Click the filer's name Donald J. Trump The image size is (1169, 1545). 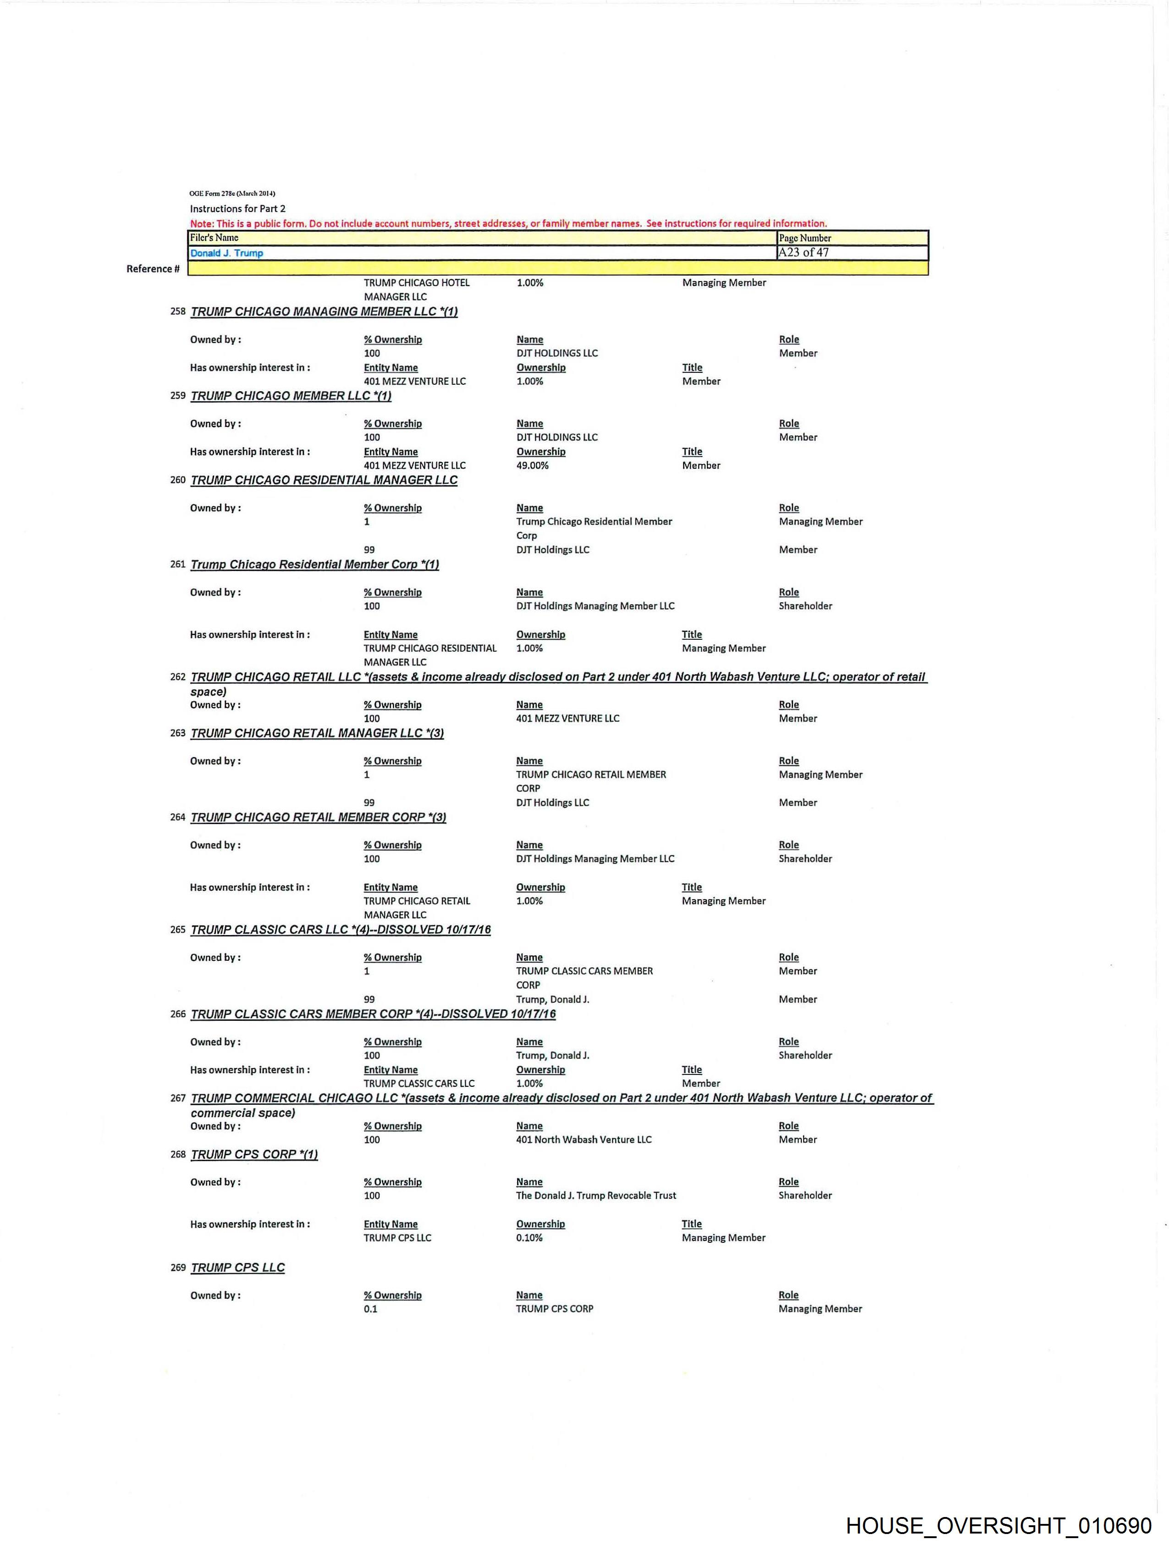pyautogui.click(x=226, y=253)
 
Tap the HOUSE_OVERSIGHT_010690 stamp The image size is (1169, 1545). pyautogui.click(x=998, y=1525)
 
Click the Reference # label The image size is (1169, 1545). pyautogui.click(x=153, y=269)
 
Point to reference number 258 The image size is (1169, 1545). pyautogui.click(x=178, y=311)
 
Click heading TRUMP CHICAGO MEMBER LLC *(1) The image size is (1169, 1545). pyautogui.click(x=291, y=396)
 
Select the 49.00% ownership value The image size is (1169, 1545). pyautogui.click(x=532, y=465)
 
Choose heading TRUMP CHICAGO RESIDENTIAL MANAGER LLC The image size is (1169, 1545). pyautogui.click(x=324, y=481)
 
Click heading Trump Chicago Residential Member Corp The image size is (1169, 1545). pyautogui.click(x=314, y=565)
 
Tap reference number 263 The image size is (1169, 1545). pyautogui.click(x=178, y=733)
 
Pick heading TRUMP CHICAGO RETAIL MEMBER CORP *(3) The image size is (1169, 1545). pyautogui.click(x=318, y=817)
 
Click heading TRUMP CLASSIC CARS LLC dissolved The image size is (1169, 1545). pyautogui.click(x=340, y=930)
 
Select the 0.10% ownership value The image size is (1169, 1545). pyautogui.click(x=529, y=1238)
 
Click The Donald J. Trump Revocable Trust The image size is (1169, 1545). pyautogui.click(x=596, y=1195)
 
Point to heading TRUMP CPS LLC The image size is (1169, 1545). pyautogui.click(x=237, y=1268)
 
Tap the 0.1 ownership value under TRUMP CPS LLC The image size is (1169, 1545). pyautogui.click(x=370, y=1309)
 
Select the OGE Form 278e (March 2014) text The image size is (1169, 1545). pyautogui.click(x=232, y=194)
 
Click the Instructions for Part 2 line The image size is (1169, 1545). pyautogui.click(x=237, y=209)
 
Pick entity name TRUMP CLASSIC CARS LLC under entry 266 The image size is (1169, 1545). pyautogui.click(x=419, y=1083)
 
